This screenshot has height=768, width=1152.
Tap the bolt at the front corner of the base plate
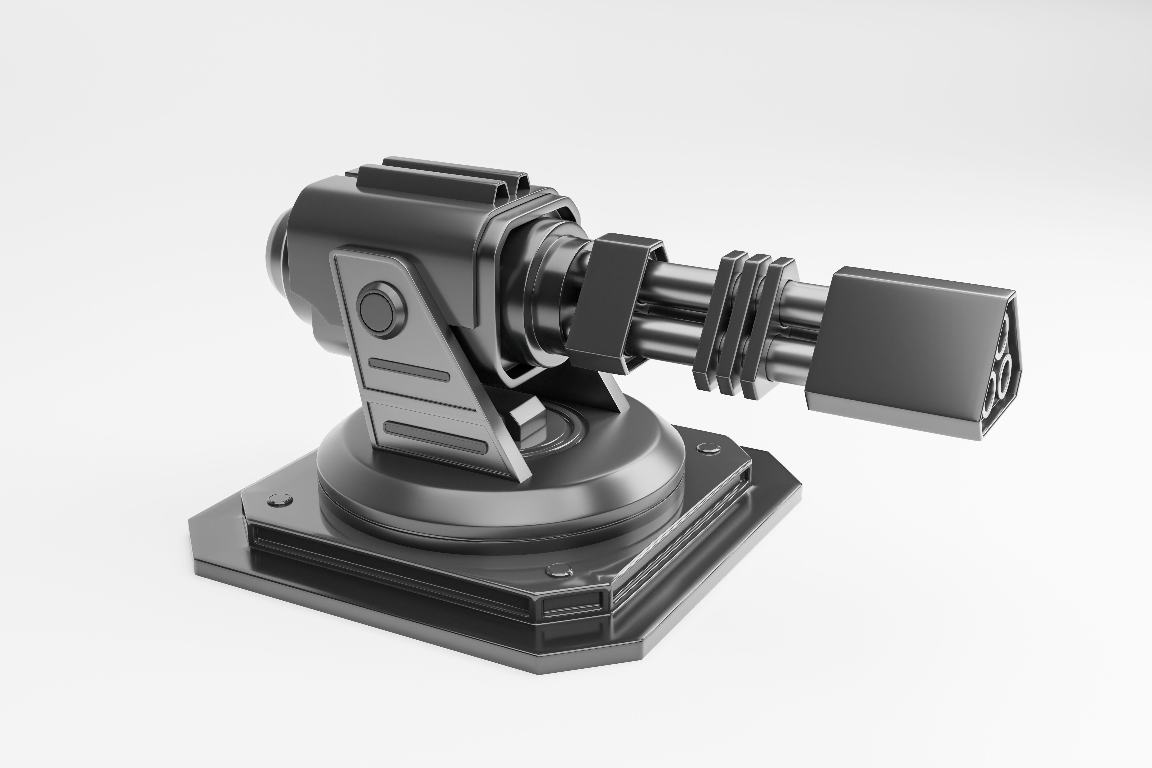[558, 569]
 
